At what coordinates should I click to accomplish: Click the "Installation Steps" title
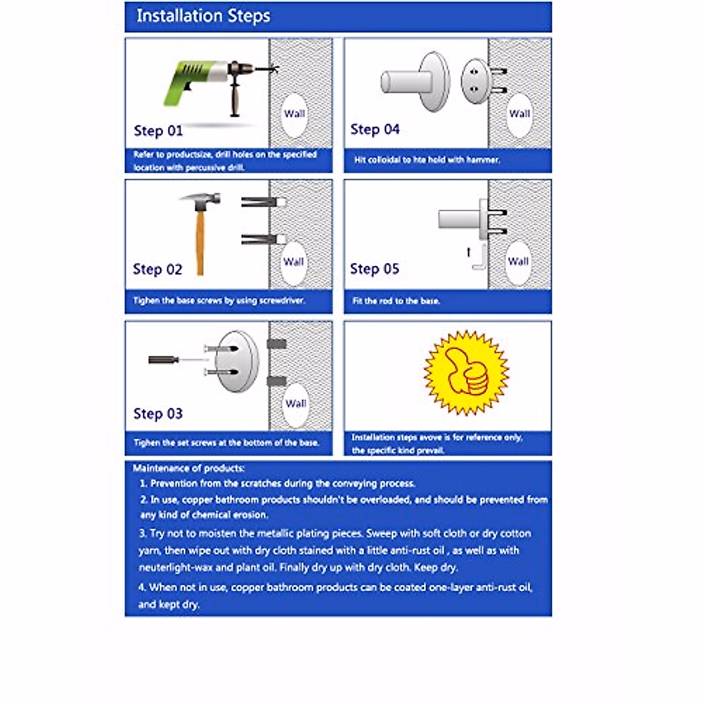(x=203, y=16)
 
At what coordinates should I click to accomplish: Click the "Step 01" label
(x=158, y=131)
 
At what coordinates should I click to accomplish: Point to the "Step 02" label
(x=158, y=269)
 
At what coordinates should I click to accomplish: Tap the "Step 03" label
(x=158, y=414)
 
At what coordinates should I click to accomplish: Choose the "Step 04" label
(x=375, y=129)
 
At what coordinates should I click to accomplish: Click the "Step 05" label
(x=374, y=269)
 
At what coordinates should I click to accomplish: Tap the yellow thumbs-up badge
(x=466, y=372)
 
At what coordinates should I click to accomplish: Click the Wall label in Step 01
(x=295, y=114)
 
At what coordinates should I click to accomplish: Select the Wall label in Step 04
(x=519, y=114)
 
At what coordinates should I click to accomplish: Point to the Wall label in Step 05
(x=518, y=261)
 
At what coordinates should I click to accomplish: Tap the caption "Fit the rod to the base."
(x=396, y=301)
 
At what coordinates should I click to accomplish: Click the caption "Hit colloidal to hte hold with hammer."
(x=427, y=159)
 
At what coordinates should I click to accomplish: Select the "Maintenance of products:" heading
(x=189, y=468)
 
